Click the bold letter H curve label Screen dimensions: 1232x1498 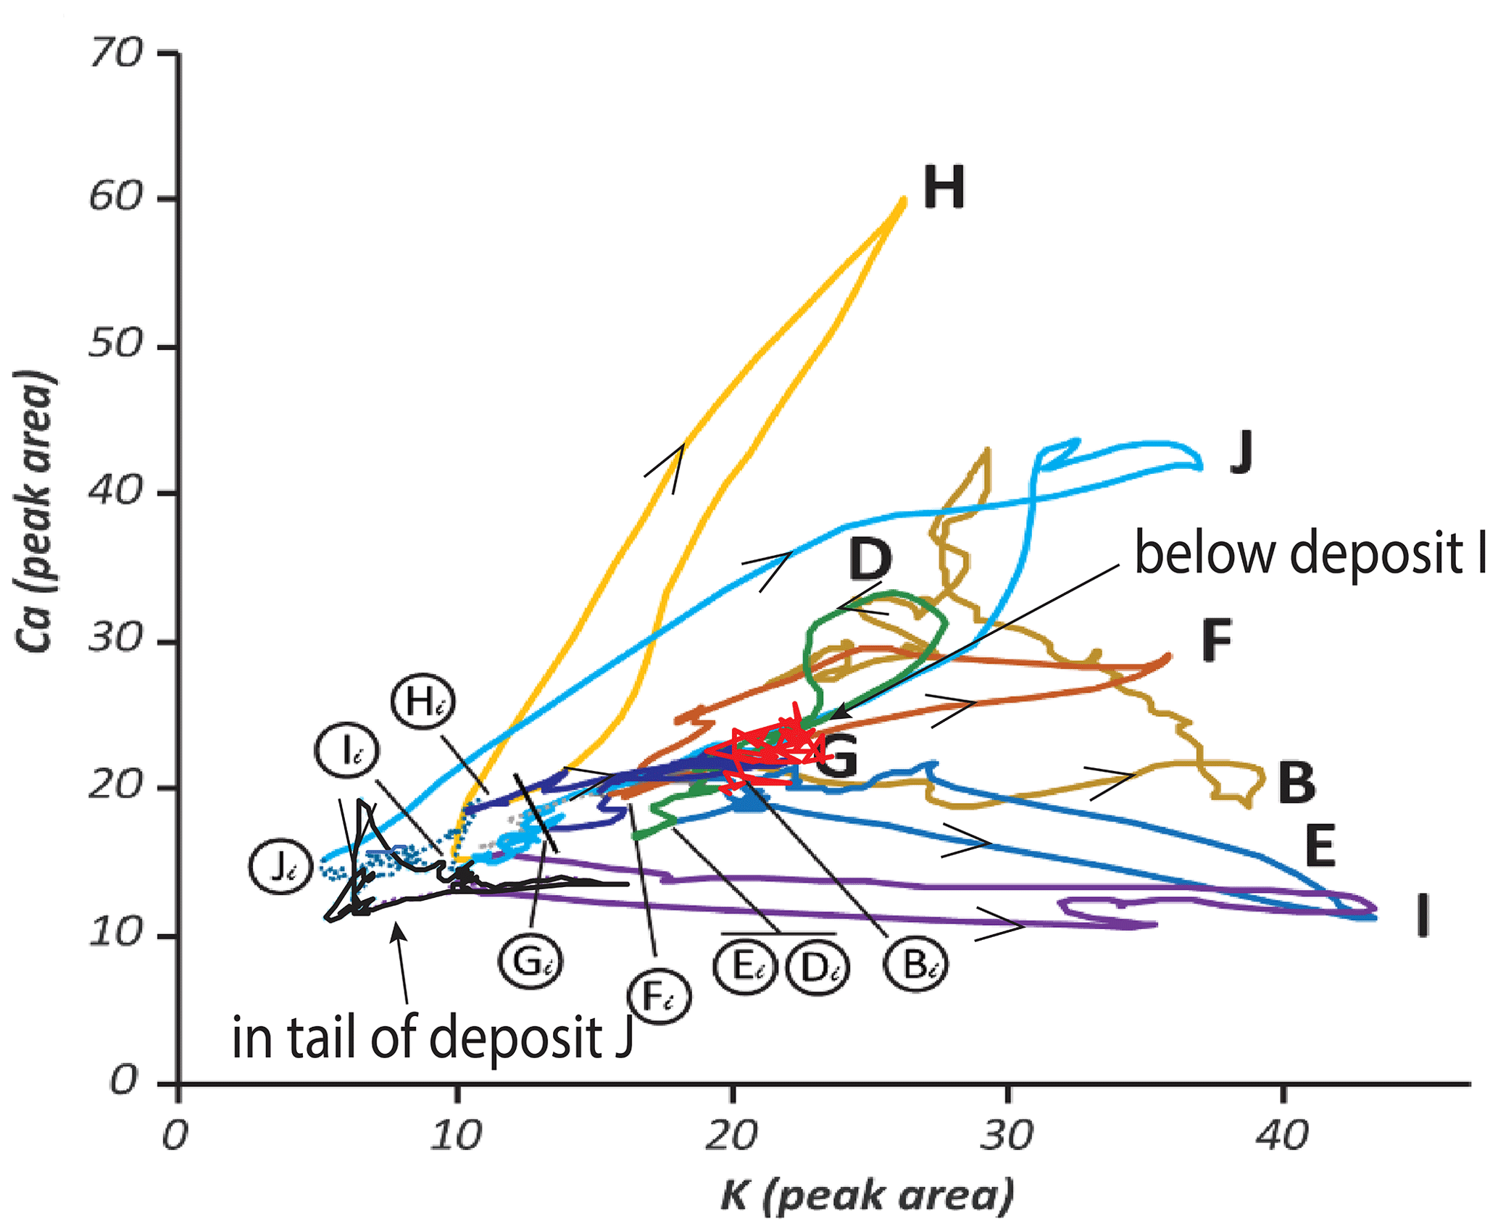tap(944, 188)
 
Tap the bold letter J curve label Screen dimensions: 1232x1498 tap(1241, 452)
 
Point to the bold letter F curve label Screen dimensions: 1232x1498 tap(1216, 641)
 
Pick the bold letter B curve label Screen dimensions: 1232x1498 tap(1296, 783)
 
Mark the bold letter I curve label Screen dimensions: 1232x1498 tap(1423, 915)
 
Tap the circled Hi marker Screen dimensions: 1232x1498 tap(423, 702)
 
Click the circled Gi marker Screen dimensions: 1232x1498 tap(531, 962)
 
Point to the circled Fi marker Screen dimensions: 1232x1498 tap(659, 999)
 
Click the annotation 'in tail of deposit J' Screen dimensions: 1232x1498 tap(433, 1038)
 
